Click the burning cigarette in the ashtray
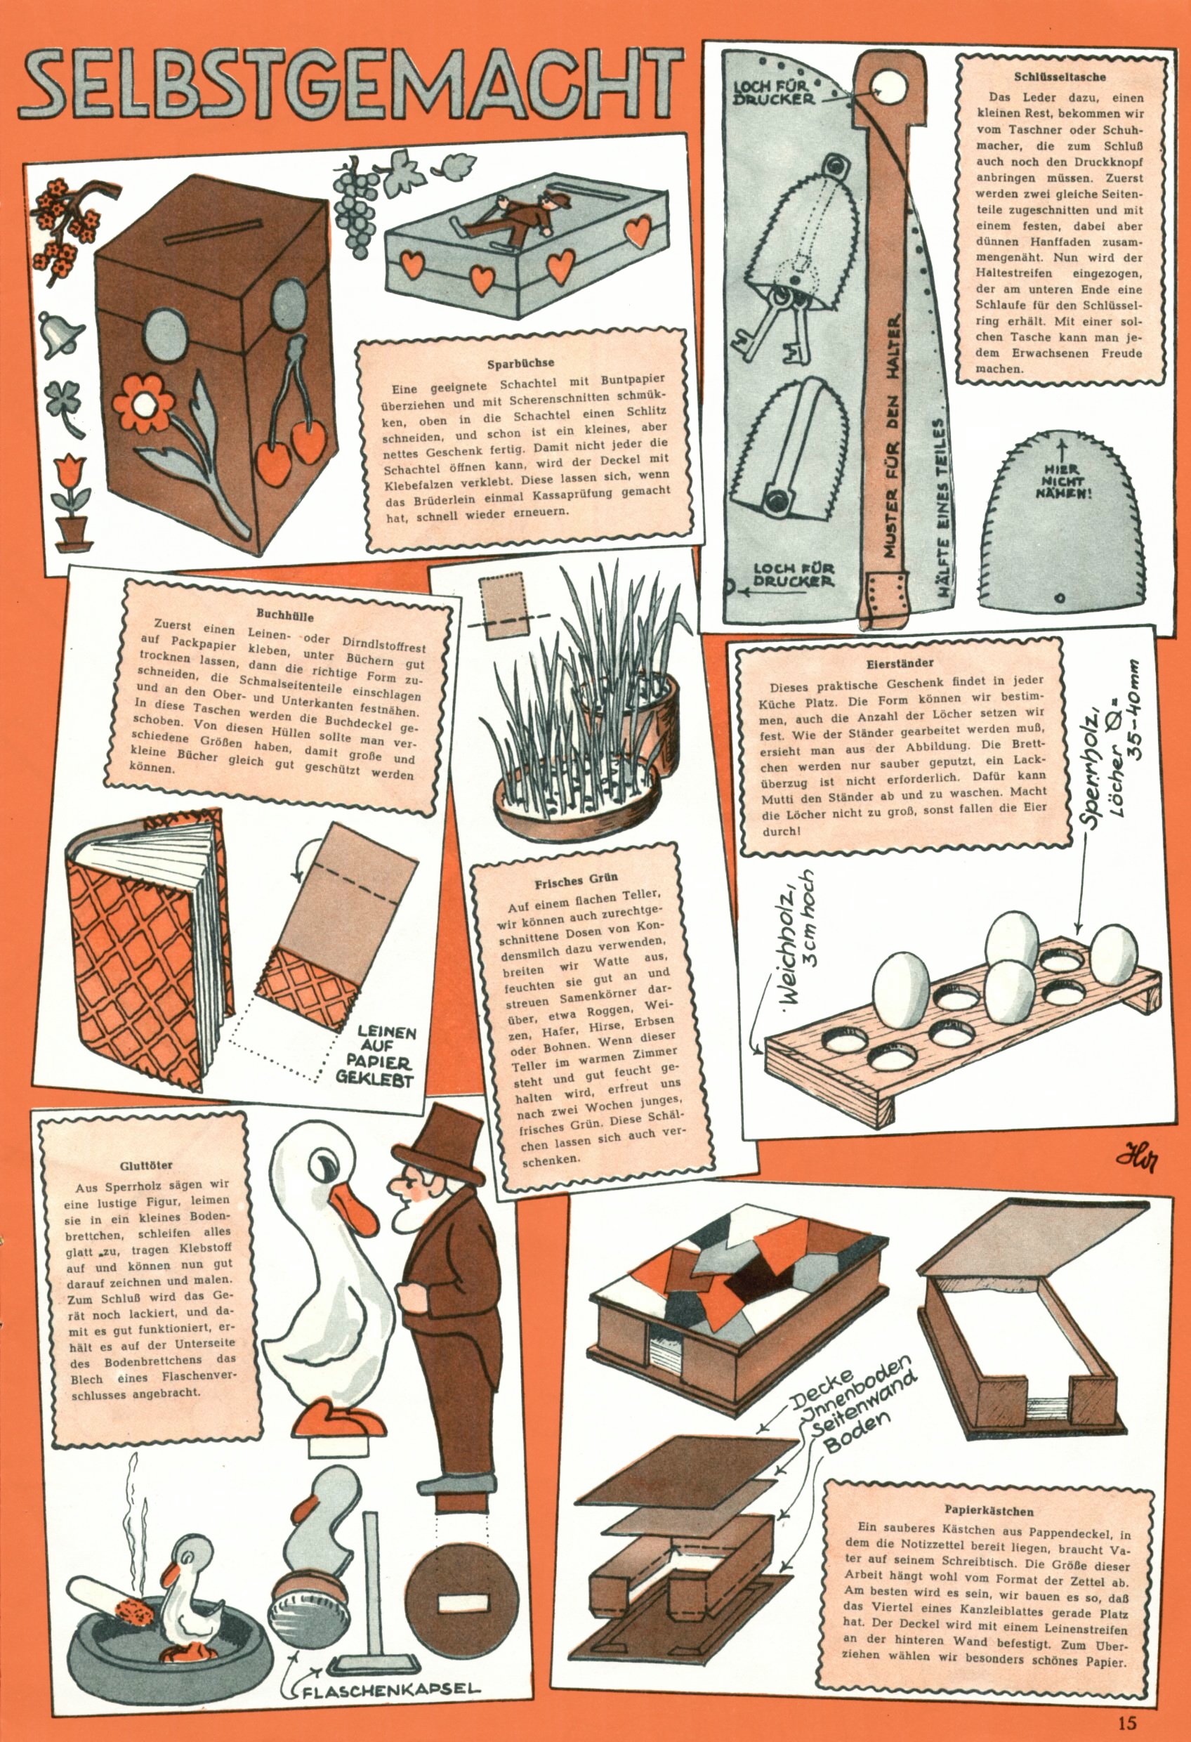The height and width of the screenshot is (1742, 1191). (109, 1599)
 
